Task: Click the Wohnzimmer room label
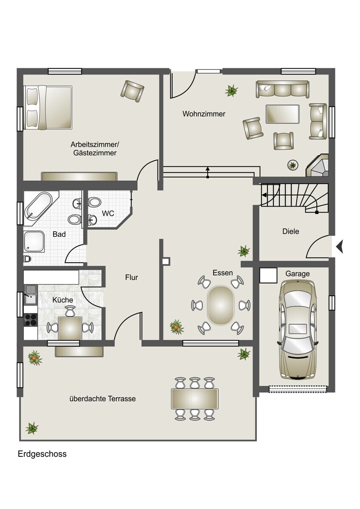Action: tap(204, 114)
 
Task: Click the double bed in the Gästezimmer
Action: tap(48, 107)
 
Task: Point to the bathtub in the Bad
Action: tap(39, 205)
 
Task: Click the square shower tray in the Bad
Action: tap(34, 241)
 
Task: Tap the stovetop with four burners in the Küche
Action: tap(31, 320)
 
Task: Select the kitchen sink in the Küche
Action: tap(31, 295)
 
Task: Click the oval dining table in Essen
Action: tap(220, 305)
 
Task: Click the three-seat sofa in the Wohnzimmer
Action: tap(282, 89)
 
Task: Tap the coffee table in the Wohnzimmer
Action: tap(282, 114)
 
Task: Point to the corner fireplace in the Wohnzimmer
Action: tap(318, 165)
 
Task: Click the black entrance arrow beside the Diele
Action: tap(340, 246)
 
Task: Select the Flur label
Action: tap(132, 277)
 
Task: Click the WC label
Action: tap(108, 213)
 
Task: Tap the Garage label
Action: tap(298, 274)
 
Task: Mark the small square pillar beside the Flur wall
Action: tap(166, 262)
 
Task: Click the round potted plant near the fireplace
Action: tap(293, 165)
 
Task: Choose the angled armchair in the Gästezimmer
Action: tap(132, 91)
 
